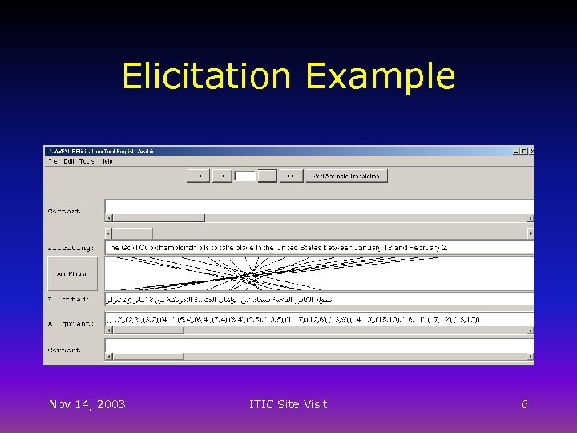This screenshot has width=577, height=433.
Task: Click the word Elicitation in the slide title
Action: pos(206,77)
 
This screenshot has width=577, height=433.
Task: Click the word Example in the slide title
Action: pos(380,77)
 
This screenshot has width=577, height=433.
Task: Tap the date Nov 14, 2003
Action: pos(87,404)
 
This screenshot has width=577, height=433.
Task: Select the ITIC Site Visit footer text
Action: pos(288,404)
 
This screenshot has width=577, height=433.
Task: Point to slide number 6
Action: pos(524,404)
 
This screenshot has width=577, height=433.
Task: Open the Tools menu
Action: pos(87,161)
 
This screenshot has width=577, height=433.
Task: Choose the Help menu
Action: pos(107,161)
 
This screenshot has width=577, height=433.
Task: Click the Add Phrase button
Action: pos(72,273)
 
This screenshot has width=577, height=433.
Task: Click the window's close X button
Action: pos(531,151)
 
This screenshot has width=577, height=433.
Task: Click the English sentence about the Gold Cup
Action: pos(277,248)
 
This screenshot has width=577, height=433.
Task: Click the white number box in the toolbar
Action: pos(245,176)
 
